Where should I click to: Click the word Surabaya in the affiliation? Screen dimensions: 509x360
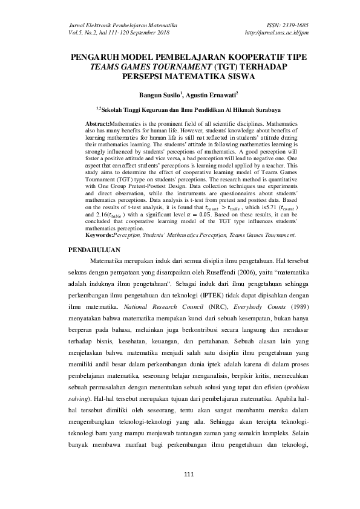263,111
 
